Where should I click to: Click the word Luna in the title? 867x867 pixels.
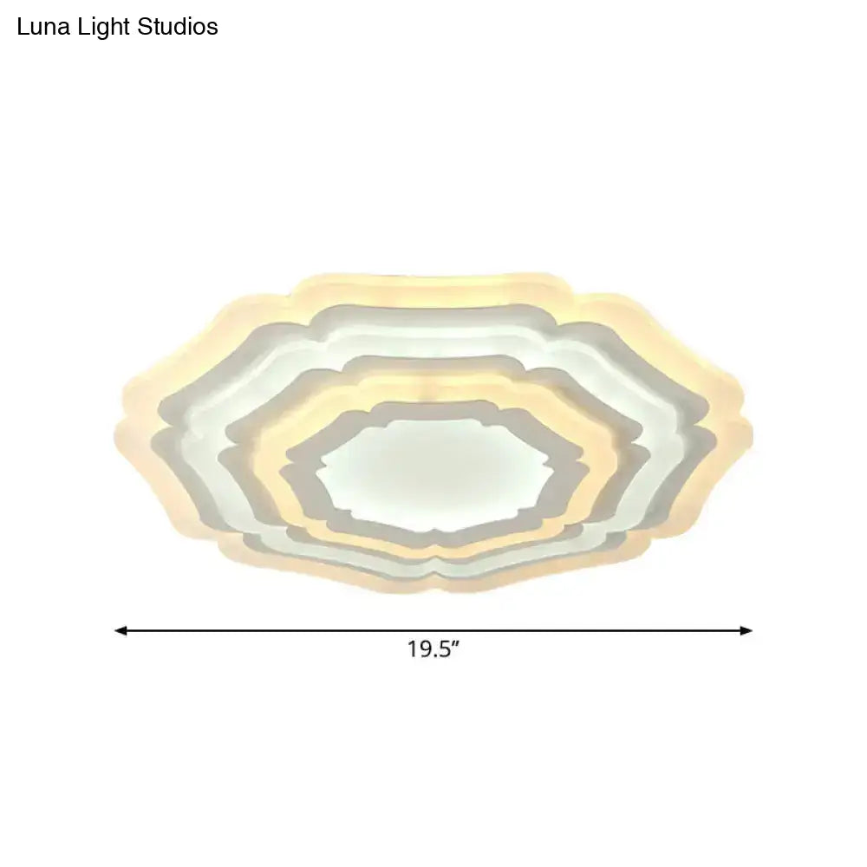coord(42,27)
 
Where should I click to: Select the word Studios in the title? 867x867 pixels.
coord(178,27)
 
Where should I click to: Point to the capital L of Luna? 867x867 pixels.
coord(23,27)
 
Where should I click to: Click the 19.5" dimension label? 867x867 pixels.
coord(433,650)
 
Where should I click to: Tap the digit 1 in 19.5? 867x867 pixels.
coord(413,650)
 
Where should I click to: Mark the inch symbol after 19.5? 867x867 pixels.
coord(454,645)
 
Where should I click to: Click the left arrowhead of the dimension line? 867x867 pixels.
coord(121,630)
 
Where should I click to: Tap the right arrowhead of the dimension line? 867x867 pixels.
coord(746,630)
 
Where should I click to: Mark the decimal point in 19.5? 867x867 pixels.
coord(434,656)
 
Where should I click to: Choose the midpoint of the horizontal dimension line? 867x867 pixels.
coord(433,630)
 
